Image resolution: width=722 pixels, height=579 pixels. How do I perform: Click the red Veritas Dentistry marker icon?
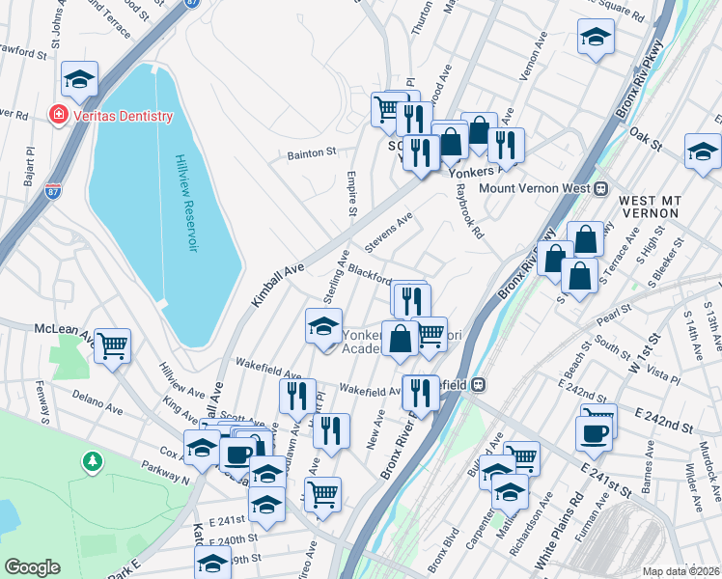pyautogui.click(x=58, y=116)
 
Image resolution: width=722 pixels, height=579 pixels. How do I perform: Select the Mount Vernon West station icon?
pyautogui.click(x=600, y=188)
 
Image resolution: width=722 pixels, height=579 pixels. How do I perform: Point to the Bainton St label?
pyautogui.click(x=311, y=152)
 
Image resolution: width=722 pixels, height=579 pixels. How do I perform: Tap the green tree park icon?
pyautogui.click(x=92, y=461)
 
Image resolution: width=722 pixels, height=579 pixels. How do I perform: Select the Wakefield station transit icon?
pyautogui.click(x=478, y=384)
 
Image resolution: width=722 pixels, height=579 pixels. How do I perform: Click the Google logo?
pyautogui.click(x=32, y=567)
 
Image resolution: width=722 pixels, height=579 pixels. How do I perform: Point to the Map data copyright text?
pyautogui.click(x=680, y=571)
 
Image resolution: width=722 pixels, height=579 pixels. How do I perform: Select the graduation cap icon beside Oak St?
pyautogui.click(x=703, y=152)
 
